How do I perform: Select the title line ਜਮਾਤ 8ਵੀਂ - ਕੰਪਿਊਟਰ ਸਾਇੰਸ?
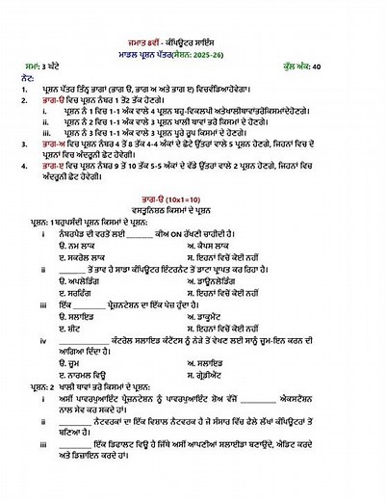click(x=193, y=32)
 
